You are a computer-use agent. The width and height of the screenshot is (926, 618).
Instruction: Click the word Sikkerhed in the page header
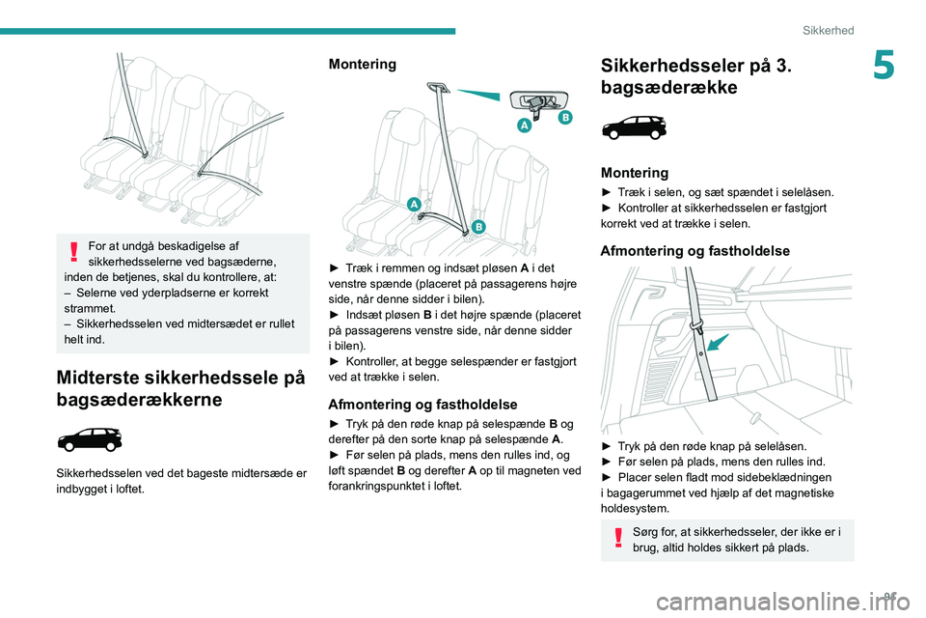click(829, 30)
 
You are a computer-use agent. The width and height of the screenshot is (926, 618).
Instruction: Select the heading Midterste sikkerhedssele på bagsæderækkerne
click(181, 388)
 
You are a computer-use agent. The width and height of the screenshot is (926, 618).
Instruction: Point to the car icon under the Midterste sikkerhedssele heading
click(90, 440)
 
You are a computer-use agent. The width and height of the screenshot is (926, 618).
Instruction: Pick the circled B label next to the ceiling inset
click(564, 117)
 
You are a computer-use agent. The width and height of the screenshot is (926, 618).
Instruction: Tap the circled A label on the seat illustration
click(414, 204)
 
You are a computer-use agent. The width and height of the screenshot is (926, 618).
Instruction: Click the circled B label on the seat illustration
click(477, 226)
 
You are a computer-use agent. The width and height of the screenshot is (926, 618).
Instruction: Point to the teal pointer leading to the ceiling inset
click(477, 95)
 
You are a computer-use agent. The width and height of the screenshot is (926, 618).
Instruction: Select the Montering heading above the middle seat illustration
click(362, 64)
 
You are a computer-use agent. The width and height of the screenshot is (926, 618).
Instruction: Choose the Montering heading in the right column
click(634, 173)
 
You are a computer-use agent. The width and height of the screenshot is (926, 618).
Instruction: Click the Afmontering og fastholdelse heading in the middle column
click(423, 405)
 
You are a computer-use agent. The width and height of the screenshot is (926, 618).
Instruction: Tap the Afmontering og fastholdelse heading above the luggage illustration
click(694, 251)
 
